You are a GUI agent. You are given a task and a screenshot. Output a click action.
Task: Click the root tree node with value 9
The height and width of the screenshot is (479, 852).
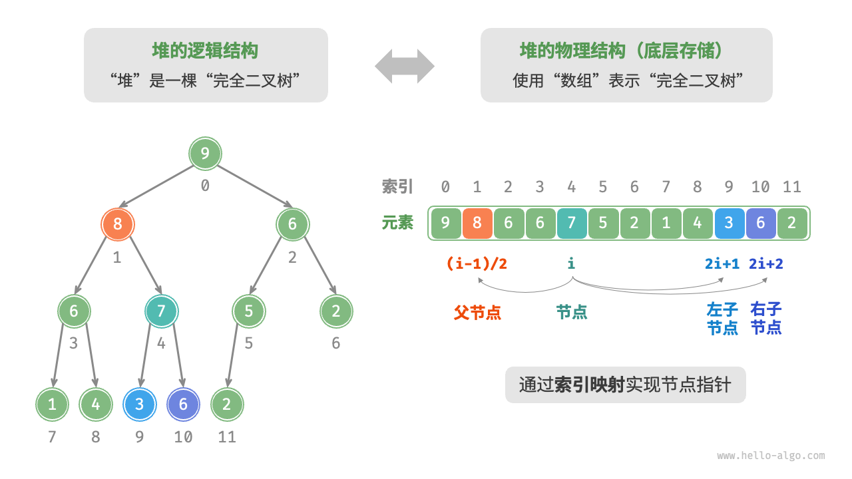205,154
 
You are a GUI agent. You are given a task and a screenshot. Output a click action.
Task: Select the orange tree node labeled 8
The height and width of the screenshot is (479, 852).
118,224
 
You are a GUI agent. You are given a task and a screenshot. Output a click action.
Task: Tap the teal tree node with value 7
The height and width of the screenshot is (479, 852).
162,311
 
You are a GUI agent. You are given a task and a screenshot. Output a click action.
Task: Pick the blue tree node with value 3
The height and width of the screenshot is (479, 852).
139,404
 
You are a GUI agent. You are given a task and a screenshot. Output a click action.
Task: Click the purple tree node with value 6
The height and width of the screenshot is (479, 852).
183,404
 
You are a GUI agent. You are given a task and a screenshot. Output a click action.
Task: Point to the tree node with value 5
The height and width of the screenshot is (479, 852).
249,311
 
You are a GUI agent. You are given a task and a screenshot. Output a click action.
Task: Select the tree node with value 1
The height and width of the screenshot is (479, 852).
52,404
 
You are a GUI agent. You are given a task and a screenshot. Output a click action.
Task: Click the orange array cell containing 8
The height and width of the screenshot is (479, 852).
477,224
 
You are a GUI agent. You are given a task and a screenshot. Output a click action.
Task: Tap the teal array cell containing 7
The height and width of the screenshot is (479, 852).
571,224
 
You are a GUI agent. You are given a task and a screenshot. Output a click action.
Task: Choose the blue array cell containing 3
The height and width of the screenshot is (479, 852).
729,224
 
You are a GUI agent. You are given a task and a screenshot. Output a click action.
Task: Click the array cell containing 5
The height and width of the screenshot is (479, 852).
603,224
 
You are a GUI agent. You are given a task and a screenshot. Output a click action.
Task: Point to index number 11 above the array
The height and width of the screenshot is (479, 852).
791,187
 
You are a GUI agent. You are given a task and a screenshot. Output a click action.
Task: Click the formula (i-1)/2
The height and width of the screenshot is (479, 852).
477,263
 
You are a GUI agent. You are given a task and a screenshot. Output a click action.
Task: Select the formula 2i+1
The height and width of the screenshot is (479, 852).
722,263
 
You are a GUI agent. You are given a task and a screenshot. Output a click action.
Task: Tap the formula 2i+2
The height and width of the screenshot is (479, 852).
766,263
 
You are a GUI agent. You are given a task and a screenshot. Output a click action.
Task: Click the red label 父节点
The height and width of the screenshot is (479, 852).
477,312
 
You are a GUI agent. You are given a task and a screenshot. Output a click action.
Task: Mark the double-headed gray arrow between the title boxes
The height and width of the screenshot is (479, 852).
405,66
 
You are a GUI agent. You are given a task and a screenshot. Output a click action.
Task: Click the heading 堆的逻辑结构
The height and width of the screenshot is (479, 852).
205,51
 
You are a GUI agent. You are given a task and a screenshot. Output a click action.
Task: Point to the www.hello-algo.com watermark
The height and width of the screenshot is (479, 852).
771,456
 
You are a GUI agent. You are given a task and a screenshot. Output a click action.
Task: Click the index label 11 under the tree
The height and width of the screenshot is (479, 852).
227,437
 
